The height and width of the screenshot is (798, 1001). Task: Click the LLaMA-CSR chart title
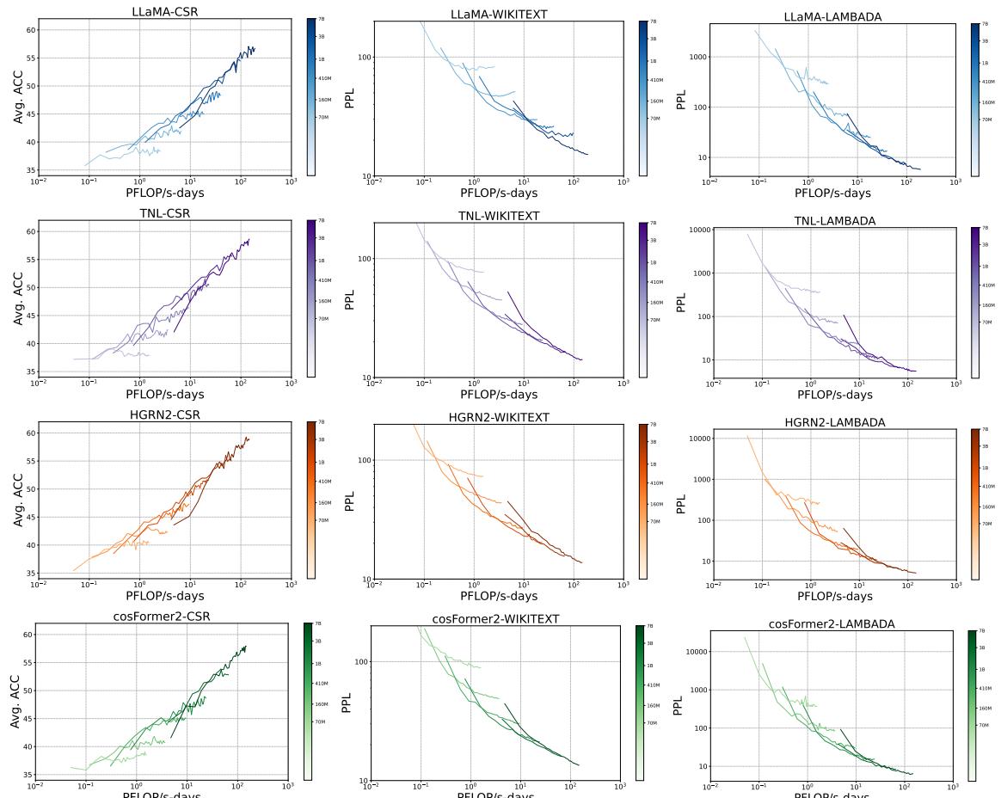164,12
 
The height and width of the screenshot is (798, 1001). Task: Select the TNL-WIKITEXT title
498,216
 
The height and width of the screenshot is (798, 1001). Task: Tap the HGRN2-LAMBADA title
834,422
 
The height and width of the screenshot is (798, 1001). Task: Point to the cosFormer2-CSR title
162,617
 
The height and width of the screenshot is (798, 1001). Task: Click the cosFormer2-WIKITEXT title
496,619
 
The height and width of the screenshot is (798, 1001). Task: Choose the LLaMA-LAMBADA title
832,17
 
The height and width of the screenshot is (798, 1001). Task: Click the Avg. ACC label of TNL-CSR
19,297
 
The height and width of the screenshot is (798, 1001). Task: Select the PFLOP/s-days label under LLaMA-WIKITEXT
499,193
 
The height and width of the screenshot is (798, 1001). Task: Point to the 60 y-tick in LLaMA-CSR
32,30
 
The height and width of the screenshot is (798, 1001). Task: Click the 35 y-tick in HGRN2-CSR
32,574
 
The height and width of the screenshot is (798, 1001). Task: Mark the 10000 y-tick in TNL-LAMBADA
700,230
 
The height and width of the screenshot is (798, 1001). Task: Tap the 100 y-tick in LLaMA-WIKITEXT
362,58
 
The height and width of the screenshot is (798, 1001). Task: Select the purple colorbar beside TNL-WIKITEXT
642,300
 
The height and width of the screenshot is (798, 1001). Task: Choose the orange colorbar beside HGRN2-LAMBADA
975,504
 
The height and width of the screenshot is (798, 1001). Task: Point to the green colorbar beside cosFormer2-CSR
308,702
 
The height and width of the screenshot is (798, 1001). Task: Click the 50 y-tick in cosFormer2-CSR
28,691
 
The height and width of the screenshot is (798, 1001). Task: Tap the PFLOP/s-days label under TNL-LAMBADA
834,395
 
